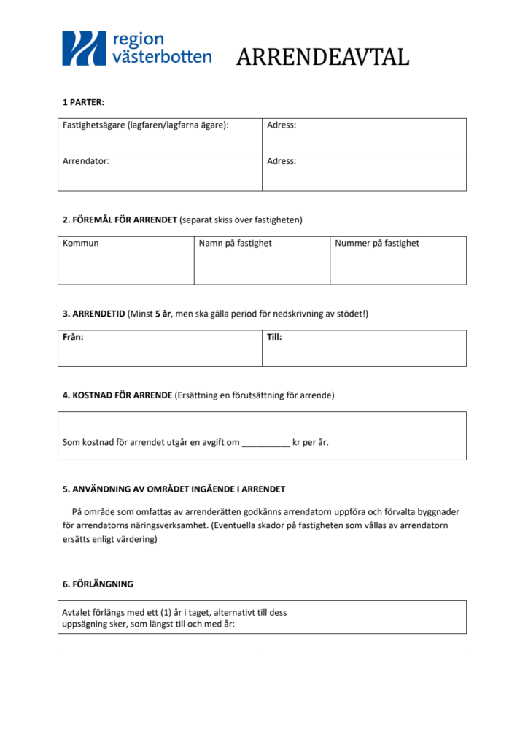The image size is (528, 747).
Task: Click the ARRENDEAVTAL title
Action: point(322,57)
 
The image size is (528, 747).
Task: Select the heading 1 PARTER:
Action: point(83,102)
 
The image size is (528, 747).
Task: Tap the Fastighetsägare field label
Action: point(146,125)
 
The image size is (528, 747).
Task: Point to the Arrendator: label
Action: point(86,161)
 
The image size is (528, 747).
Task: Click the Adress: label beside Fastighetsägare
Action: point(282,125)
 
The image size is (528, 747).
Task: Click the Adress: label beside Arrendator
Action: point(282,161)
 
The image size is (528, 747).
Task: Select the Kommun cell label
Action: point(81,244)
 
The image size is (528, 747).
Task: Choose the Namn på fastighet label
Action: point(235,244)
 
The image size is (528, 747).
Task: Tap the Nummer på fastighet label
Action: point(377,244)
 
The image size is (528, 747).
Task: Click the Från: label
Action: point(74,338)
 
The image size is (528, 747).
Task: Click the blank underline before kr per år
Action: point(265,444)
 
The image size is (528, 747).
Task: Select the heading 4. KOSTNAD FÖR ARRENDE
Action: point(117,395)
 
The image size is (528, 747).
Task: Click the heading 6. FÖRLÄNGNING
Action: point(98,584)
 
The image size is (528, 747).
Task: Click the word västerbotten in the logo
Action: point(162,57)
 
